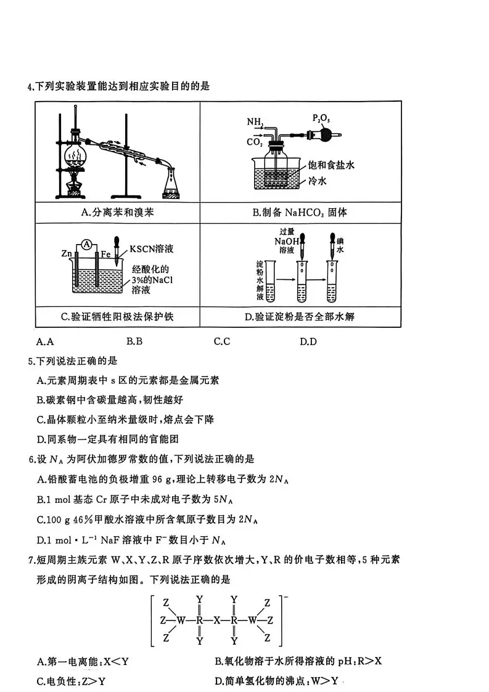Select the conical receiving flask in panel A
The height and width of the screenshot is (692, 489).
(171, 184)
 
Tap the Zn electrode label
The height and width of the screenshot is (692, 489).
(67, 253)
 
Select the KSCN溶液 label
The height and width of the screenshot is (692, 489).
(152, 250)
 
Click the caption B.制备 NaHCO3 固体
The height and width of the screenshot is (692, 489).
(300, 213)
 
